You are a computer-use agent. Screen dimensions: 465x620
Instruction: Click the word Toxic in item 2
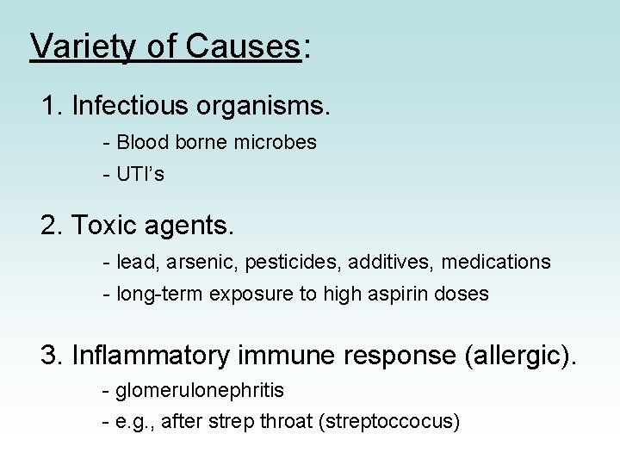[103, 226]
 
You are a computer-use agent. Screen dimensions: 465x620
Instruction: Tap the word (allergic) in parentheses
[516, 355]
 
